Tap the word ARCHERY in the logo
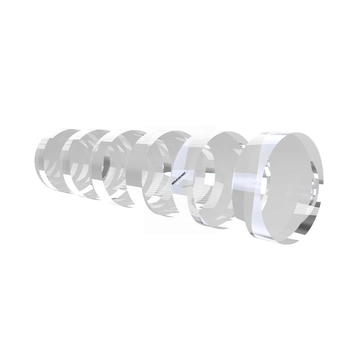[181, 176]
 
